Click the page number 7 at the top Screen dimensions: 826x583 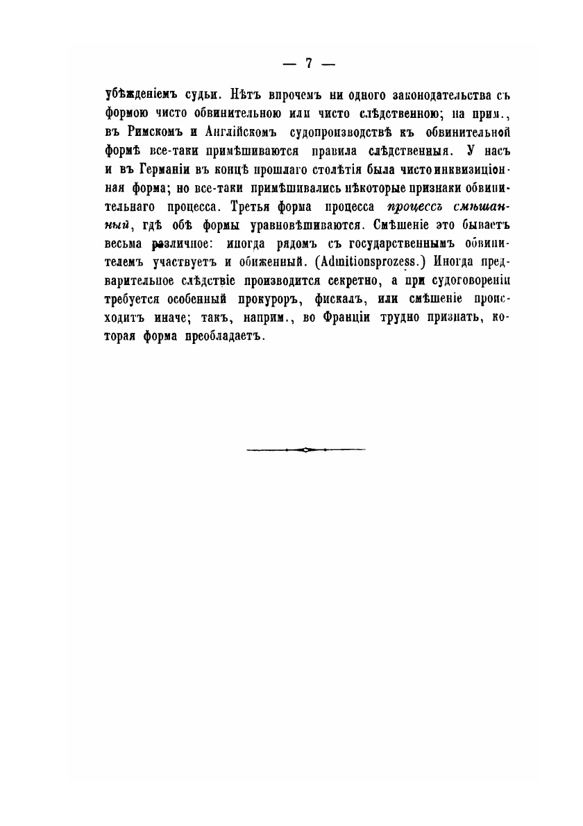click(x=309, y=63)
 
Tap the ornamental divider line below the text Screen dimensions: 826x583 click(x=305, y=449)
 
